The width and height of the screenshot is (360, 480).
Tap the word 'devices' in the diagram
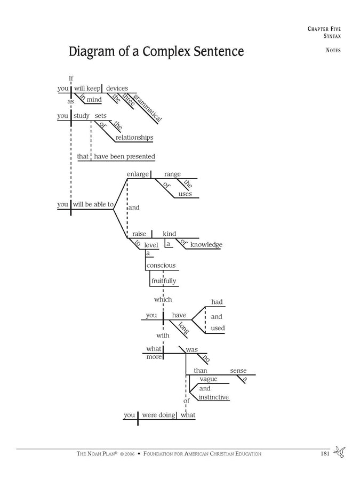(x=117, y=88)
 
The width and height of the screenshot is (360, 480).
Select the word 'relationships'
(x=134, y=138)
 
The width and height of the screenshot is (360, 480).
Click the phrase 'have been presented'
(x=125, y=156)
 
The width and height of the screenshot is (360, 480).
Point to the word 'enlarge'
(x=138, y=174)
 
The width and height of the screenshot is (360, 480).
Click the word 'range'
(x=172, y=174)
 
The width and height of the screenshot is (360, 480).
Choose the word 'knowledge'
(x=206, y=245)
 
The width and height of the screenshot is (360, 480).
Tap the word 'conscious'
(x=161, y=266)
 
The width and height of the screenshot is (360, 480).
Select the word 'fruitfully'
(x=164, y=281)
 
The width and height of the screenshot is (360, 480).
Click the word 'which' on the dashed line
(x=163, y=299)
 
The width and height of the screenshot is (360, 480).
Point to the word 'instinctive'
(x=214, y=397)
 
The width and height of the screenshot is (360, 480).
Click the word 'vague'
(x=209, y=379)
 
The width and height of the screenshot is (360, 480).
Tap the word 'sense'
(x=238, y=371)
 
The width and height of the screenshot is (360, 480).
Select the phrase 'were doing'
(x=158, y=415)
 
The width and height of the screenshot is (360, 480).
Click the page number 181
(x=325, y=453)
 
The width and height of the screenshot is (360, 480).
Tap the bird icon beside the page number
(x=340, y=452)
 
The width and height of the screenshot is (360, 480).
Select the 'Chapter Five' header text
(x=324, y=29)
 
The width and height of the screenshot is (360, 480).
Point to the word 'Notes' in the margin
(x=333, y=50)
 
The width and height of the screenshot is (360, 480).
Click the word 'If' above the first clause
(x=71, y=78)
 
